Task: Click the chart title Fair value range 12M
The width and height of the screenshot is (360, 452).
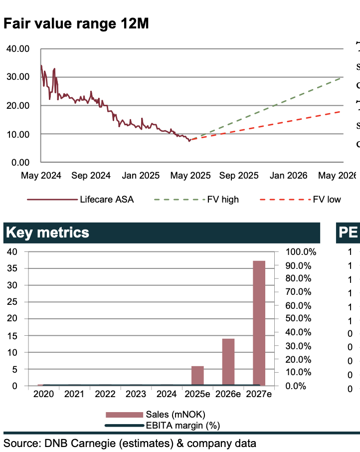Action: [76, 23]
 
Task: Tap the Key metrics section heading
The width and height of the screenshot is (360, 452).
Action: [47, 232]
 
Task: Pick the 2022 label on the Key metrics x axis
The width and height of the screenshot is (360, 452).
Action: [106, 394]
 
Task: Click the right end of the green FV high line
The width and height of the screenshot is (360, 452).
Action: [343, 77]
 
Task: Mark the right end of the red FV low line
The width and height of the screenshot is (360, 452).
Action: [343, 111]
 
